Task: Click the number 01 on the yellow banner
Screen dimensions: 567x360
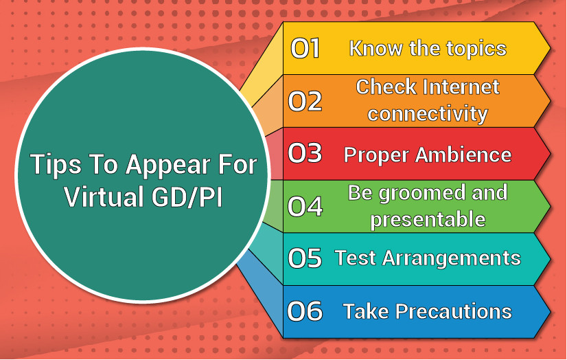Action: (305, 48)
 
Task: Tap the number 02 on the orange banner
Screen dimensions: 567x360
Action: (305, 100)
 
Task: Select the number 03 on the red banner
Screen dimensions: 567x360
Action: (305, 153)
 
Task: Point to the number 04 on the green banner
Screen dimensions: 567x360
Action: (305, 206)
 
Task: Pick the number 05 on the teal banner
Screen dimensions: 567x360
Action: (305, 258)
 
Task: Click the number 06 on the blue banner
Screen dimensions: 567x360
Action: (305, 311)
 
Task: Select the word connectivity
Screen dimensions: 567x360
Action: (428, 114)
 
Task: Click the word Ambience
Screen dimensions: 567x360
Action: (463, 155)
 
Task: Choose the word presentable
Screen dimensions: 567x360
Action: (428, 219)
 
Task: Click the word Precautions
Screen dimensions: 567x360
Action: (454, 311)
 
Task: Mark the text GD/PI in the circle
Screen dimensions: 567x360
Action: (187, 196)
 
